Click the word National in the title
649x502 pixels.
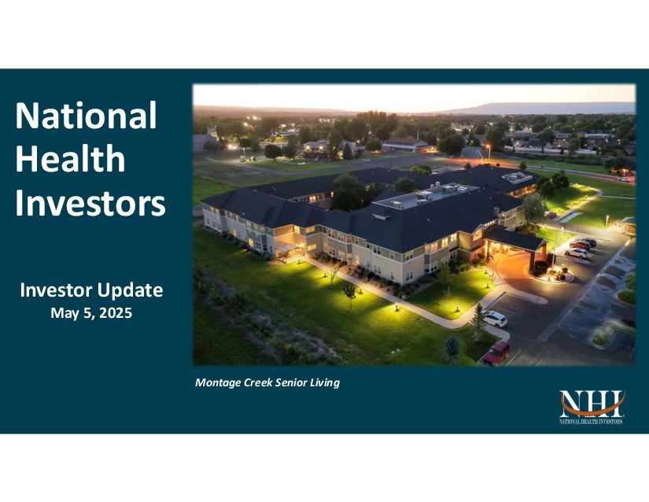(86, 116)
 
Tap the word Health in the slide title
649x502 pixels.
(70, 159)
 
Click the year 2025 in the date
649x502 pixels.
(116, 313)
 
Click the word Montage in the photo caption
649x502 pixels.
(218, 383)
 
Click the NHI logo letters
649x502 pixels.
(592, 404)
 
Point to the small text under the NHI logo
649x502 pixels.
(591, 422)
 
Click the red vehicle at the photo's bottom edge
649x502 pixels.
(496, 353)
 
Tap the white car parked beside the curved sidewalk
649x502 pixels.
(495, 319)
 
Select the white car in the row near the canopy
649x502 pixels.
(577, 253)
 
